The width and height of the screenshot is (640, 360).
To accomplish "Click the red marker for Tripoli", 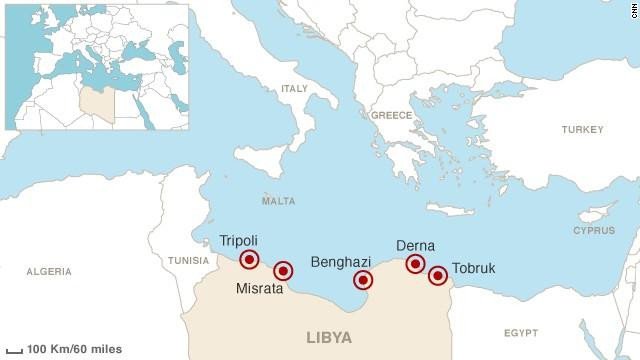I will pos(250,260).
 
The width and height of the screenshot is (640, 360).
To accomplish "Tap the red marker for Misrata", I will pos(283,270).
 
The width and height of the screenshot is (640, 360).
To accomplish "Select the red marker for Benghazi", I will pos(363,279).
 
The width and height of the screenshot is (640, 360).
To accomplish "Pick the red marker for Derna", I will pos(415,264).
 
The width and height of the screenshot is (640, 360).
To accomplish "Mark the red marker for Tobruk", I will pos(437,275).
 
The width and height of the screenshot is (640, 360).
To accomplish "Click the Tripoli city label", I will pos(238,241).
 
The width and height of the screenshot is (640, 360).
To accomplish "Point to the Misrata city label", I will pos(259,290).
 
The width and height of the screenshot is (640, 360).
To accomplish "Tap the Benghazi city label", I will pos(342,261).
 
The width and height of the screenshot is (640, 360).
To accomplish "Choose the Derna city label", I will pos(415,245).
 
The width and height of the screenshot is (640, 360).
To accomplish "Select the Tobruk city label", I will pos(474,268).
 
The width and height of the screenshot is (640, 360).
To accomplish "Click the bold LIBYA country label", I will pos(329,338).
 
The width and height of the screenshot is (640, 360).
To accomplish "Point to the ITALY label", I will pos(294,89).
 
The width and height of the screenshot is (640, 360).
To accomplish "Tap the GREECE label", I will pos(392,116).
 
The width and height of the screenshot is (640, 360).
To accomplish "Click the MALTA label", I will pos(278,201).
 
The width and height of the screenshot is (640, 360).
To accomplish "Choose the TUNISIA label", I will pos(188,261).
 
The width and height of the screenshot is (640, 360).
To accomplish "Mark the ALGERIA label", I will pos(49,271).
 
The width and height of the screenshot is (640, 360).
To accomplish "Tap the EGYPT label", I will pos(520,331).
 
